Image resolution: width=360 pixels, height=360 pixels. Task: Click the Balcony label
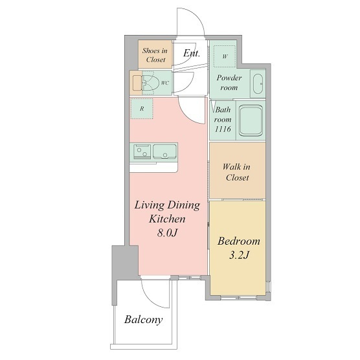144,320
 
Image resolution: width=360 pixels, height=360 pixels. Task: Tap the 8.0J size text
167,233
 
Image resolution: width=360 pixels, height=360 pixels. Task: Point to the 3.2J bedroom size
239,255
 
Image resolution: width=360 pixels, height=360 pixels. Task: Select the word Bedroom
239,241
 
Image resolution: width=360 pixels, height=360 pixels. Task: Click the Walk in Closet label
237,172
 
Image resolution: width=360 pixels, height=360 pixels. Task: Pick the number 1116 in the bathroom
223,129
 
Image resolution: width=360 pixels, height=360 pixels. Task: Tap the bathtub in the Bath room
251,120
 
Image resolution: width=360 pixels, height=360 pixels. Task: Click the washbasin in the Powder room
258,84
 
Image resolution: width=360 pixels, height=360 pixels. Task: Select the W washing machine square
225,56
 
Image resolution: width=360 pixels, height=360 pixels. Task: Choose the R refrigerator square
142,109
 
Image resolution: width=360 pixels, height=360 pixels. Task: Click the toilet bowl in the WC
151,83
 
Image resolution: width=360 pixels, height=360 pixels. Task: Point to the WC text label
165,83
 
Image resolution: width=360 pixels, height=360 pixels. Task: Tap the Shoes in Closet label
155,55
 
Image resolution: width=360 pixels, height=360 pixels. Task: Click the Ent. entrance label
192,53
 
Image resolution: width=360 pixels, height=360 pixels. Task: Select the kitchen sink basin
164,152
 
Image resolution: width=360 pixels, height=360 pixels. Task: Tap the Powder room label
229,83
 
